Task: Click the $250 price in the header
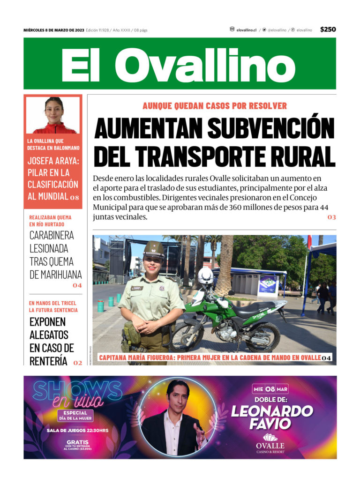click(x=328, y=30)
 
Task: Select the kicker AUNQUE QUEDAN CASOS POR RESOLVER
click(x=215, y=106)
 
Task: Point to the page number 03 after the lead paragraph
click(x=332, y=217)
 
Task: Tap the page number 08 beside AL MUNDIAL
click(x=75, y=198)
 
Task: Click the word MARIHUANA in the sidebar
click(x=56, y=275)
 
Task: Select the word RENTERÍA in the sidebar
click(x=49, y=361)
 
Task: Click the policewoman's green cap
click(x=154, y=248)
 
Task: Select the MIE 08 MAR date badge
click(x=270, y=389)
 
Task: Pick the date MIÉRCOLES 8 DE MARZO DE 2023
click(x=54, y=30)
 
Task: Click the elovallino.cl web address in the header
click(x=246, y=30)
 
